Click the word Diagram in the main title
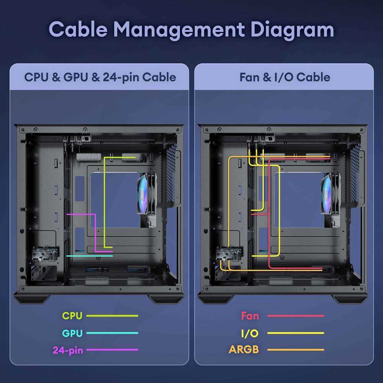292,30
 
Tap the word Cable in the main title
78,29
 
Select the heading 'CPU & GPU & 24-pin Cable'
100,77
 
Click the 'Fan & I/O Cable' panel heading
285,77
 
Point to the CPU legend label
72,316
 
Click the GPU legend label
72,333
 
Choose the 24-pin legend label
68,350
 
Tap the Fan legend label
250,316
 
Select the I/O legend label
250,333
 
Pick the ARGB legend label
244,350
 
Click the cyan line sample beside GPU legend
112,333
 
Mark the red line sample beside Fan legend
296,316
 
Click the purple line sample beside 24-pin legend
112,350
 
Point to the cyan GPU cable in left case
89,256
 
